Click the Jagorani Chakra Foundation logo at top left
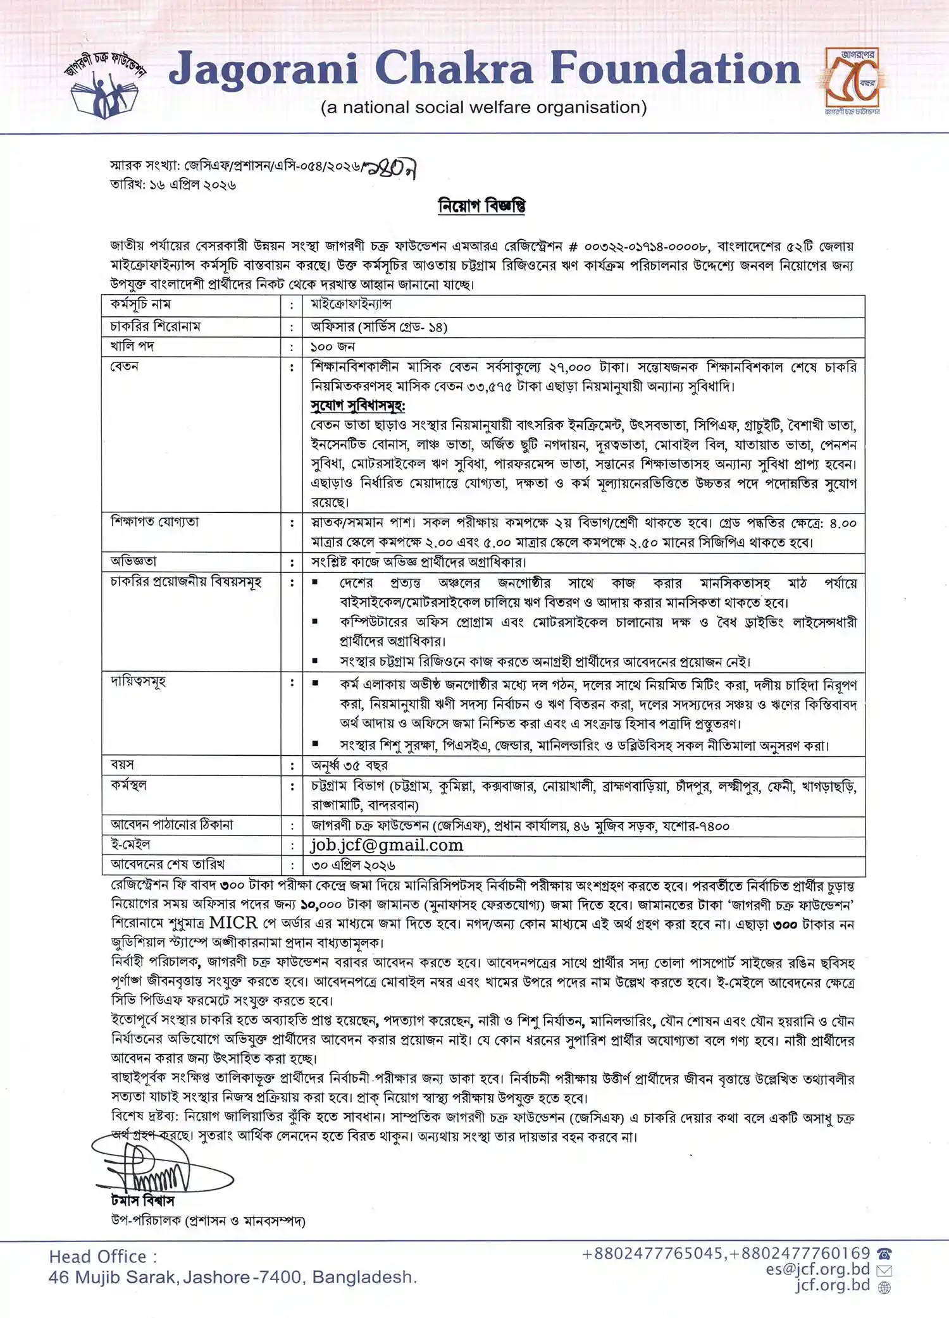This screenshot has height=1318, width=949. [x=104, y=84]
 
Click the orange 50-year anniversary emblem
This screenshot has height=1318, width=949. [x=853, y=81]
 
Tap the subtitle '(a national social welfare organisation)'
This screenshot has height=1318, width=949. [x=484, y=108]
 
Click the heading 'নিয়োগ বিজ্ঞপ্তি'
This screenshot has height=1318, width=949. [x=482, y=206]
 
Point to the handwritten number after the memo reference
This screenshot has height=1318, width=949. [x=392, y=168]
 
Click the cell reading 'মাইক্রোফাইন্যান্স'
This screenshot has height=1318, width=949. [x=351, y=304]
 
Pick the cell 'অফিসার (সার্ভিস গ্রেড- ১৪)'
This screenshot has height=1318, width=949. [x=379, y=327]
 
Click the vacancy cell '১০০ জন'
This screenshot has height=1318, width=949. [x=333, y=347]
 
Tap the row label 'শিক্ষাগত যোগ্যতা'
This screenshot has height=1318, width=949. [x=155, y=522]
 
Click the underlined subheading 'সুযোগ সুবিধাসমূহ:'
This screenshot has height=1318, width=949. [x=357, y=405]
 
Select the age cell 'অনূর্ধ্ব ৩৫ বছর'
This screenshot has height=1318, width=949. [x=349, y=765]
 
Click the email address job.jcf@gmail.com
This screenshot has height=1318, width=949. [x=387, y=845]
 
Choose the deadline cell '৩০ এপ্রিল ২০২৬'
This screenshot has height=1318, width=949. [x=353, y=865]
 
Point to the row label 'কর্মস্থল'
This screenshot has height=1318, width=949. [x=128, y=785]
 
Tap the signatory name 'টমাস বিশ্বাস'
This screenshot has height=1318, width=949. [x=142, y=1200]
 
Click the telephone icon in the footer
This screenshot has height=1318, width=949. [x=884, y=1253]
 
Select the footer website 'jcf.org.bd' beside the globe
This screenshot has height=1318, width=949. [x=833, y=1285]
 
